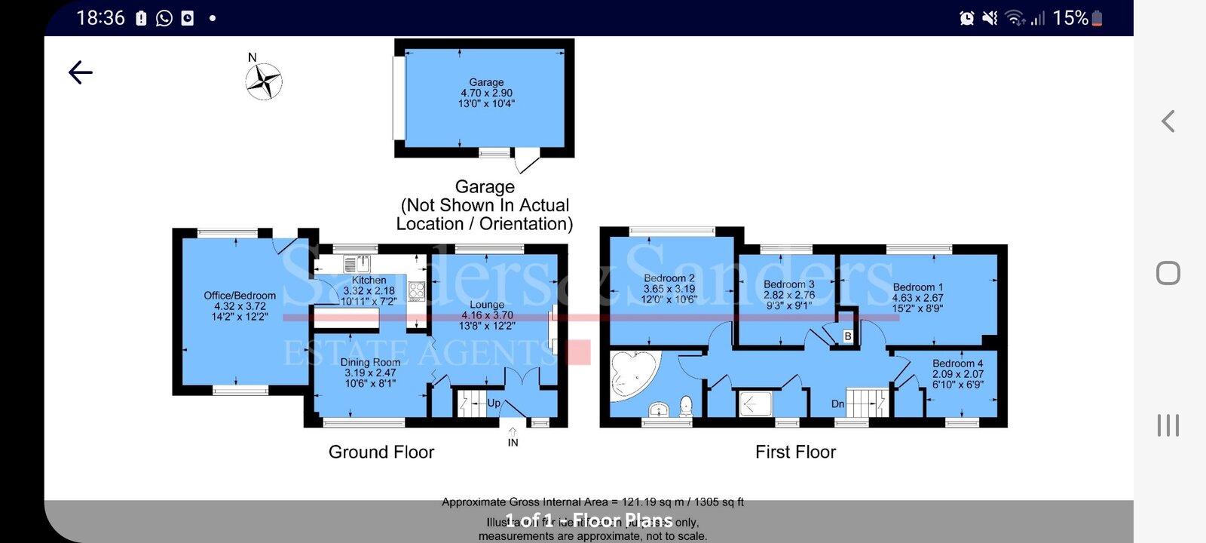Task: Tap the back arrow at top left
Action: (81, 72)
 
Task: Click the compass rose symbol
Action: (264, 81)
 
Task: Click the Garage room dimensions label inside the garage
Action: (486, 93)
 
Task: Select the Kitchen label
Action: (369, 281)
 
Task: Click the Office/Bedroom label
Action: (240, 296)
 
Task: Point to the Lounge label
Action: (487, 305)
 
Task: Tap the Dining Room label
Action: (370, 362)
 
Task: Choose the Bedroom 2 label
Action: (669, 278)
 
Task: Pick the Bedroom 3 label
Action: (788, 284)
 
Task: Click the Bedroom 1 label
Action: (917, 287)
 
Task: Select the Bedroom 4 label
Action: (957, 364)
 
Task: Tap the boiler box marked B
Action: (847, 336)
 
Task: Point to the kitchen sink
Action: (357, 264)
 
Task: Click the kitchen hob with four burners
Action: (416, 291)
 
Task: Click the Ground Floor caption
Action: (381, 452)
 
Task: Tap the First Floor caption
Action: (795, 452)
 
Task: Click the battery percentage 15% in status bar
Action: (1070, 18)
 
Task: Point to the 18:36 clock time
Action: (100, 18)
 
